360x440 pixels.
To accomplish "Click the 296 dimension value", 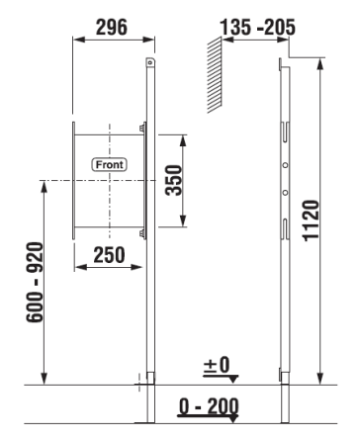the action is click(x=112, y=27).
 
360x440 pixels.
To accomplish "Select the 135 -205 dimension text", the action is click(x=257, y=27).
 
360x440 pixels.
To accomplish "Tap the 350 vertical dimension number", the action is click(x=174, y=181).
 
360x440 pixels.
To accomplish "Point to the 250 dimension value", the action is click(x=110, y=255).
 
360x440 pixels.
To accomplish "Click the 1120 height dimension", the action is click(x=312, y=220).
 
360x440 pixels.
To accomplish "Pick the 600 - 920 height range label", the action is click(x=35, y=282).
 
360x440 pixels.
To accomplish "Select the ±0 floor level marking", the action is click(x=217, y=365).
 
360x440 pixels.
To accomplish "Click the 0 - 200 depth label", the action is click(x=209, y=406).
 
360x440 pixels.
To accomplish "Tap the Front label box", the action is click(x=109, y=164).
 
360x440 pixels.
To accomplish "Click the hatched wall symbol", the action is click(x=215, y=75).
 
